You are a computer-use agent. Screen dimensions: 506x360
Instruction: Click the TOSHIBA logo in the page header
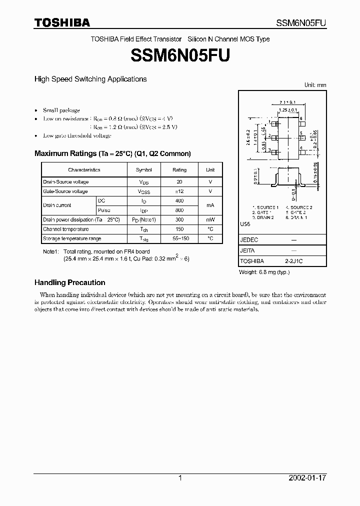click(x=62, y=22)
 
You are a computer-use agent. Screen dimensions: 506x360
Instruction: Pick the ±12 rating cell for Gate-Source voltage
click(x=179, y=191)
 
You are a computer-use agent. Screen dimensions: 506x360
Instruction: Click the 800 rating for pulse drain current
click(x=179, y=210)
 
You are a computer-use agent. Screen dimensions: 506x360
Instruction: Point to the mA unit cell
click(x=210, y=205)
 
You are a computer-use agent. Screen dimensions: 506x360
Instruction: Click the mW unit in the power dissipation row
click(x=210, y=220)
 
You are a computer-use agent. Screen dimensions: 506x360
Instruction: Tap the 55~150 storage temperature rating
click(x=179, y=238)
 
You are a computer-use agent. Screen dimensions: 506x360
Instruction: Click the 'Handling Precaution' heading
click(x=69, y=282)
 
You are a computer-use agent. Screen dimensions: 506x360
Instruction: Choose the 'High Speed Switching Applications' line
click(x=90, y=79)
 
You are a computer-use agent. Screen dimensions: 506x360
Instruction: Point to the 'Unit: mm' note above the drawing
click(x=315, y=85)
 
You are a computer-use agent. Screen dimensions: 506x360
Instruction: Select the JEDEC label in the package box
click(x=249, y=240)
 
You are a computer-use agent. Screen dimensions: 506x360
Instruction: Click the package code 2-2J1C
click(x=293, y=261)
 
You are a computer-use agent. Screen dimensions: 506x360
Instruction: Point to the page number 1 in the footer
click(x=180, y=478)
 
